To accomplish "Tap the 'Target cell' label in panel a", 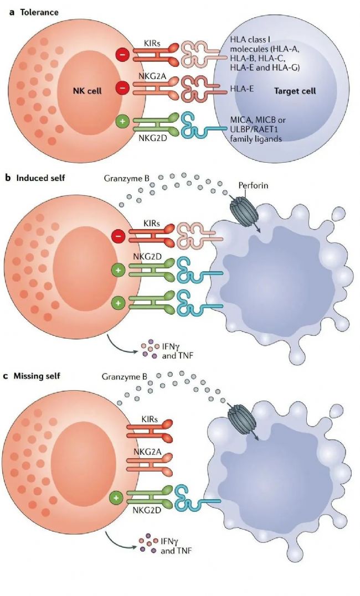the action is pos(295,91).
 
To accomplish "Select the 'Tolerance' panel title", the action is pos(39,12).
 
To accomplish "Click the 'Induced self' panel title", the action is pos(40,178).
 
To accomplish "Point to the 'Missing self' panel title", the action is pos(37,376).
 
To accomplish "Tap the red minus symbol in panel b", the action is pos(118,236).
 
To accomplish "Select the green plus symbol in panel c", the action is pos(116,497).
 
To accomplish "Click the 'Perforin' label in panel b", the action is pos(253,185).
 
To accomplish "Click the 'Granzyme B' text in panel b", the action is pos(124,178).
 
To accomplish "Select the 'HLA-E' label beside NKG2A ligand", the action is pos(241,89).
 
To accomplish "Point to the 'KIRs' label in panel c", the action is pos(150,420).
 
